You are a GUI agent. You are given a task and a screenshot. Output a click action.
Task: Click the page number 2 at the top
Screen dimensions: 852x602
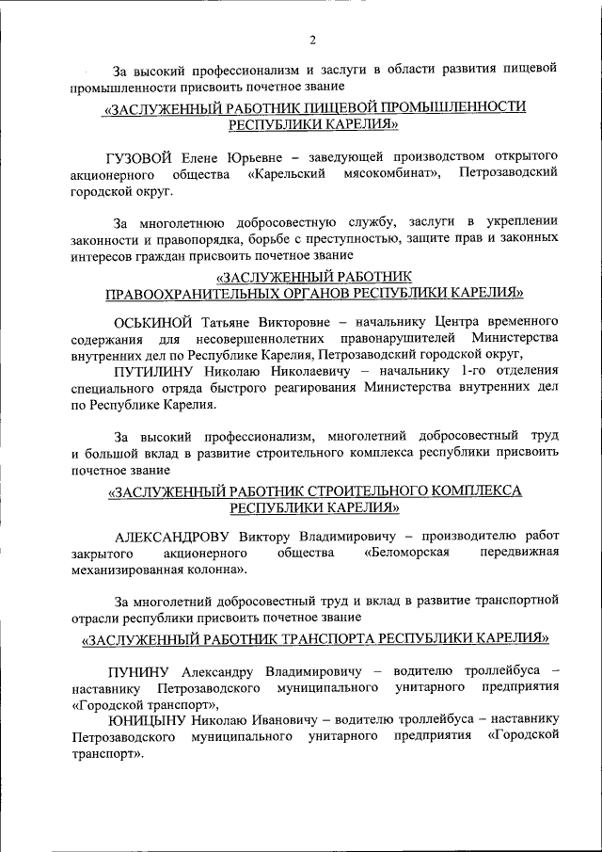coord(311,39)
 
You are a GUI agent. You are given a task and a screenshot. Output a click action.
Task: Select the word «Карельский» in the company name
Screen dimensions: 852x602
coord(287,173)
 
